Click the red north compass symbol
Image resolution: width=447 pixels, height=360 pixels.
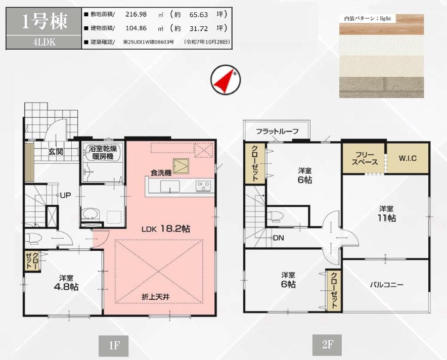pos(226,79)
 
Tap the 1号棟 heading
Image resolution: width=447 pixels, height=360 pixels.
pos(44,21)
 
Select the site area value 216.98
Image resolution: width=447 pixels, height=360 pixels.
pos(136,14)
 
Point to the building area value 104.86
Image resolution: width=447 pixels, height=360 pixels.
pos(136,28)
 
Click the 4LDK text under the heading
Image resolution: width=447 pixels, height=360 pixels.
pos(44,42)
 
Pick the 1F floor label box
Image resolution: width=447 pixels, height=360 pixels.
pos(113,346)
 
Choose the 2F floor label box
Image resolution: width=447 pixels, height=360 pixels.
pos(327,345)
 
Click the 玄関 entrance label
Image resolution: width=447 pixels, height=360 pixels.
pos(55,151)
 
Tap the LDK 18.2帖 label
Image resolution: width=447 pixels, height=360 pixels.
pos(166,229)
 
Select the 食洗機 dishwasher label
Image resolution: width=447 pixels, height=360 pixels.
pos(161,173)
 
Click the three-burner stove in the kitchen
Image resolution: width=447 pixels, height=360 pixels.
pos(203,186)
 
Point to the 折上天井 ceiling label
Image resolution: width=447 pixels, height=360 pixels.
pos(156,297)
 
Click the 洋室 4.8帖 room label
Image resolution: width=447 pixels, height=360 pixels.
pos(66,282)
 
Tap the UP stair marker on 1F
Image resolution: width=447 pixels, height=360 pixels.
pos(64,195)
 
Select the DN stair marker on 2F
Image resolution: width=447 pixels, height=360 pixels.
pos(277,238)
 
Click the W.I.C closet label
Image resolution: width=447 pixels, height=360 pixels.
pos(408,158)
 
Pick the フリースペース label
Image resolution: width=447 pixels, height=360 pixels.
pos(365,159)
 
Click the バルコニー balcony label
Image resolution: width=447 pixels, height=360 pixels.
pos(387,285)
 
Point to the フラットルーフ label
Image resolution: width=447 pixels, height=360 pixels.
pos(277,131)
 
